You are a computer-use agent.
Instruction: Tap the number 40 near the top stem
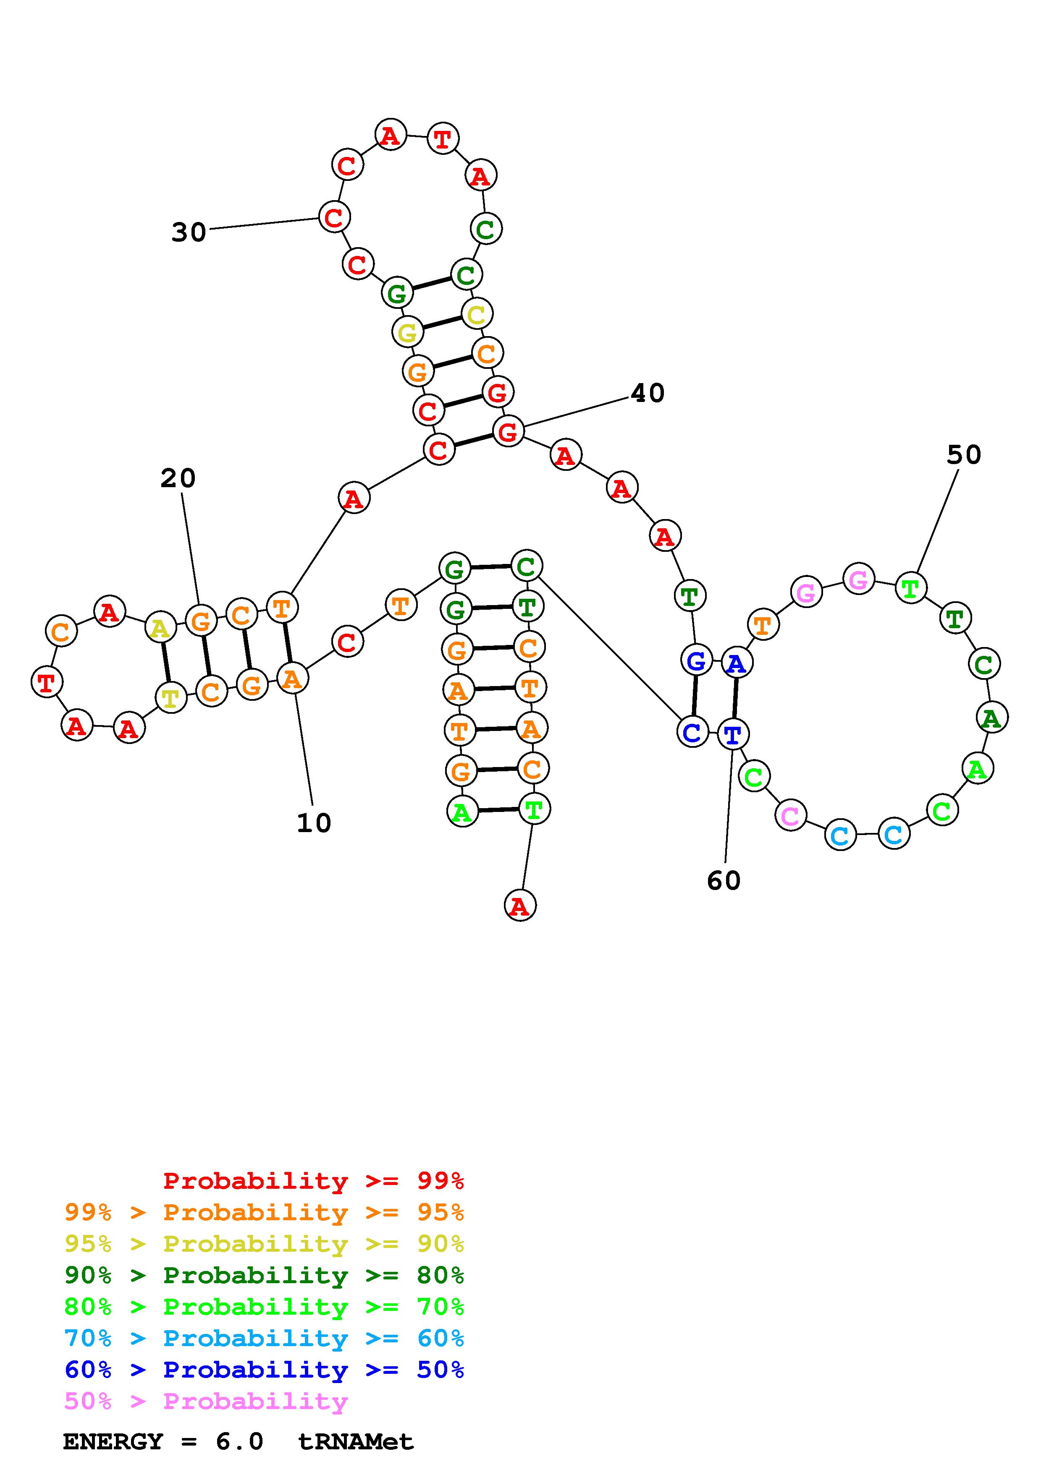tap(648, 393)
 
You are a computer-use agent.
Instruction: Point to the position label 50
tap(964, 455)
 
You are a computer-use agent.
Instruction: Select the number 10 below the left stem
tap(314, 823)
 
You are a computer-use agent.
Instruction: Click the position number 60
tap(724, 881)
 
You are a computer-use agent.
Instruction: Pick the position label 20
tap(178, 478)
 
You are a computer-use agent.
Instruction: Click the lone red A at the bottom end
tap(520, 906)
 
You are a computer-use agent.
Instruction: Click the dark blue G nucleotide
tap(696, 660)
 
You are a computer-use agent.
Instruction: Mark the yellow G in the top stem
tap(407, 333)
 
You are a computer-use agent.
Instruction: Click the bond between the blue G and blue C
tap(694, 696)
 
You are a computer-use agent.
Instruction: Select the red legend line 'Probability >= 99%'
tap(314, 1181)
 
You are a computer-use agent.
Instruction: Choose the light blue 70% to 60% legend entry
tap(264, 1339)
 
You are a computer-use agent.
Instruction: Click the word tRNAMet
tap(356, 1442)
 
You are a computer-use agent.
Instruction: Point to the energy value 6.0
tap(239, 1442)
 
